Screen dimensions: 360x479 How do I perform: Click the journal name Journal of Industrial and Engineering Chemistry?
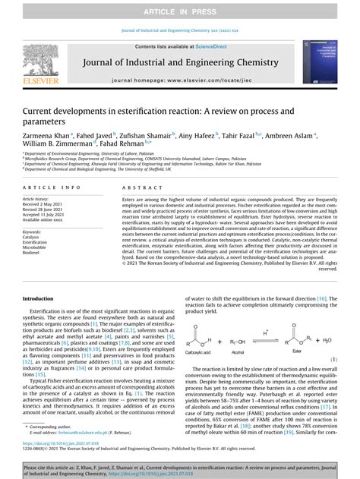coord(179,64)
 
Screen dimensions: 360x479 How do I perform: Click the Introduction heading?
coord(40,298)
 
